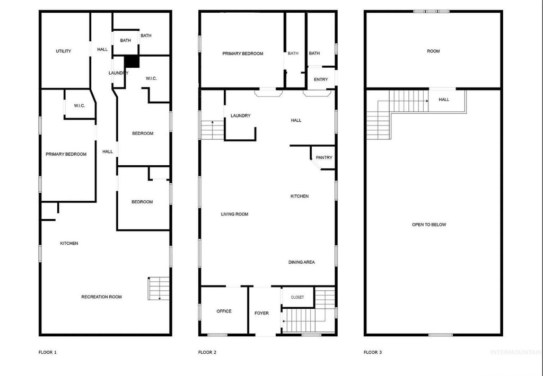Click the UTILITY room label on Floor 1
[x=64, y=51]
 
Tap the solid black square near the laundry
[x=132, y=61]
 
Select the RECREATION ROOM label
[x=101, y=297]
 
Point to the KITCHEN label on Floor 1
[x=69, y=243]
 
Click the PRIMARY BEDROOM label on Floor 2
[x=242, y=53]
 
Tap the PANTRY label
[x=324, y=157]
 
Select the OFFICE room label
[x=224, y=311]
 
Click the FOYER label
[x=261, y=313]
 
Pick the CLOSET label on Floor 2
[x=297, y=297]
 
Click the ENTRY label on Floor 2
[x=321, y=79]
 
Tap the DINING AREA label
[x=302, y=262]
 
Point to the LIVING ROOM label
[x=234, y=214]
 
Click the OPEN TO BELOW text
[x=429, y=225]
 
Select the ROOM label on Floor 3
[x=433, y=51]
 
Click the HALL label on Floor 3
[x=444, y=99]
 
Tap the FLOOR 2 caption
[x=207, y=352]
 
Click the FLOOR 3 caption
[x=372, y=352]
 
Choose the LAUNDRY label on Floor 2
[x=240, y=115]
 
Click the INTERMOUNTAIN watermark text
[x=515, y=352]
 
